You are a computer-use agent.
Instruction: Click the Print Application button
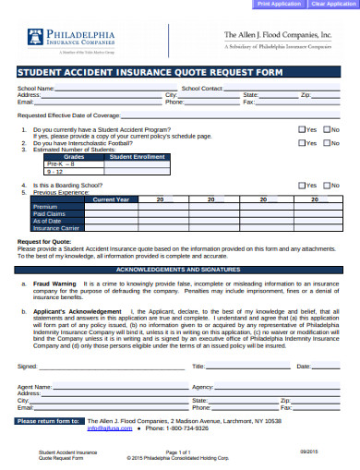tap(279, 5)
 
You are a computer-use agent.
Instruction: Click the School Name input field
tap(115, 88)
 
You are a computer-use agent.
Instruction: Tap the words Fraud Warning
tap(54, 283)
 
